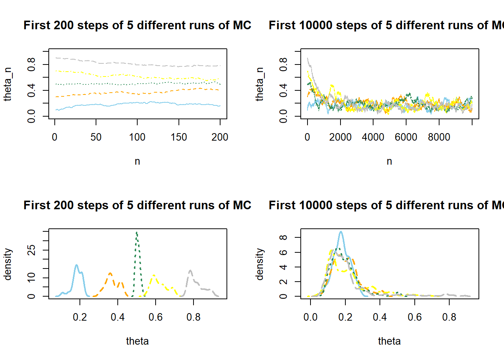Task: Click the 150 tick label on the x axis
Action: point(178,137)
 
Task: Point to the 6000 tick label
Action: point(406,137)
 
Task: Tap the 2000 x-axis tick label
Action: point(340,137)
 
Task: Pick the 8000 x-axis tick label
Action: point(439,137)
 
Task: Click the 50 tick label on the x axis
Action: point(96,137)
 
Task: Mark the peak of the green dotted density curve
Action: point(137,233)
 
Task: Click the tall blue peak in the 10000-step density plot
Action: point(340,232)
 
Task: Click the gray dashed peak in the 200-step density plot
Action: point(190,271)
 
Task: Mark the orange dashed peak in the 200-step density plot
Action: point(110,273)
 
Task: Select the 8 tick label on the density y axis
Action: point(283,237)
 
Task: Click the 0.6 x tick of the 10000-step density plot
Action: point(414,317)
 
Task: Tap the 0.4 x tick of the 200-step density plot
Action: point(118,317)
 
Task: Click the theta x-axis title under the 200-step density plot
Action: point(137,341)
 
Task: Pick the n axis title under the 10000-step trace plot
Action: point(389,161)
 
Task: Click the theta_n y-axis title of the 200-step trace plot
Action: point(7,84)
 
